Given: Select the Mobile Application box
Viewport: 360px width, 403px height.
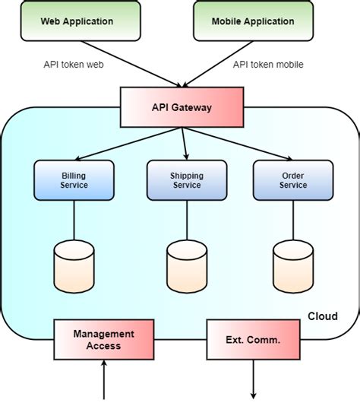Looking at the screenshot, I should [x=244, y=22].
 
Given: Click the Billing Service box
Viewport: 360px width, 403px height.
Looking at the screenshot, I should [x=74, y=180].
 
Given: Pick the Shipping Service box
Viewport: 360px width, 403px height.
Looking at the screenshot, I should [x=186, y=180].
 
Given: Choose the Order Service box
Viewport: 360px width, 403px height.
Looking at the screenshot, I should [x=292, y=180].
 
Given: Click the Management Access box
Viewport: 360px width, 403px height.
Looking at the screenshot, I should [x=103, y=339].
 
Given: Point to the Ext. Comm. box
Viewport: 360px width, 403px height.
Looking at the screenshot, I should [x=253, y=339].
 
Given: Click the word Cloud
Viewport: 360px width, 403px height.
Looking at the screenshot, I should [x=322, y=316].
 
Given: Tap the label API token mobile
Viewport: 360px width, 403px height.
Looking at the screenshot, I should [x=268, y=65].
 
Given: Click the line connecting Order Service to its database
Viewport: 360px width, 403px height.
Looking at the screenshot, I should [x=292, y=220].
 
